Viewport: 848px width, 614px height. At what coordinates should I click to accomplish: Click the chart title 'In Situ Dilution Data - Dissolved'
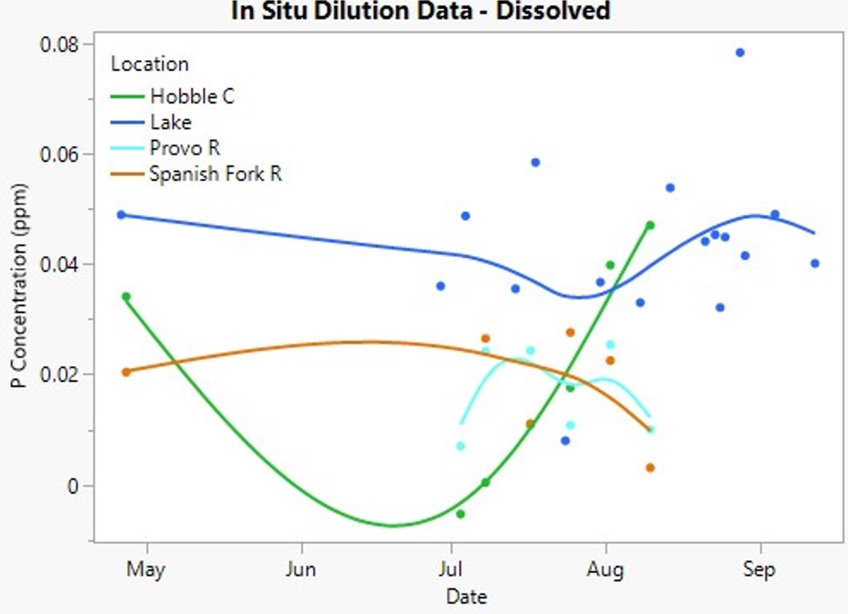(x=420, y=10)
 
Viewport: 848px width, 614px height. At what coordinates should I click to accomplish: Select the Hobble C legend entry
(x=172, y=96)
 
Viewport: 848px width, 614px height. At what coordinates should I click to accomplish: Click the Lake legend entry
(x=151, y=122)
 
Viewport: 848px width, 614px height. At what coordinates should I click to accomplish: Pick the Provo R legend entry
(x=165, y=148)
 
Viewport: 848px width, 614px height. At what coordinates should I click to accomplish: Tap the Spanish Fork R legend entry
(x=197, y=173)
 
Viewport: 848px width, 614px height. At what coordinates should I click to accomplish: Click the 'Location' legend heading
(x=150, y=64)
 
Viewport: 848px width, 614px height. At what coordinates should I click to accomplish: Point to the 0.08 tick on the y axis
(x=59, y=44)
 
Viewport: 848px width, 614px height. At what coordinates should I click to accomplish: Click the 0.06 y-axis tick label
(x=59, y=154)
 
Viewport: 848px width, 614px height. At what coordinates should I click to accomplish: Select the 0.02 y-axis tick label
(x=59, y=374)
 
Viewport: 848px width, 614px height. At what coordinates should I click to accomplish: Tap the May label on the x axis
(x=146, y=569)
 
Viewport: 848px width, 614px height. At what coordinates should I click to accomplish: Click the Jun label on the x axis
(x=301, y=569)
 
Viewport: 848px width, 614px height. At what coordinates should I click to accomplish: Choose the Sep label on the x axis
(x=759, y=569)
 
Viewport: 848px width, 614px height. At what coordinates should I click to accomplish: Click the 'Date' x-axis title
(x=467, y=596)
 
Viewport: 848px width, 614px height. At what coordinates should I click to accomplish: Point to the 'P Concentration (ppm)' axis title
(x=18, y=286)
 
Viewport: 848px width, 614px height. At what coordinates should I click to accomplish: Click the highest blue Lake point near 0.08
(x=740, y=52)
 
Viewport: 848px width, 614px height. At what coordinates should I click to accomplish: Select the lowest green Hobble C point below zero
(x=461, y=514)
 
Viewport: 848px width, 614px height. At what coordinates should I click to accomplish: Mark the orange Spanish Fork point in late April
(x=126, y=372)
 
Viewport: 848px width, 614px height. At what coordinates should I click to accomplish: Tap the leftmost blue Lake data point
(x=121, y=215)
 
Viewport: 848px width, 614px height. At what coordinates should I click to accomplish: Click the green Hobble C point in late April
(x=126, y=296)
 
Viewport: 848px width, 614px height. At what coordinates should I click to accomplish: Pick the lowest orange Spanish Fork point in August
(x=650, y=467)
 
